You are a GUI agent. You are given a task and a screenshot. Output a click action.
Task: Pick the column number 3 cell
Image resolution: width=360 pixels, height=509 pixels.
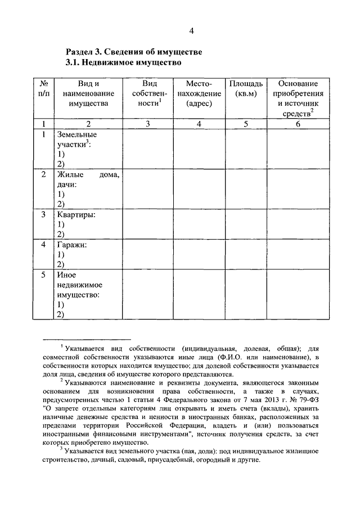[148, 124]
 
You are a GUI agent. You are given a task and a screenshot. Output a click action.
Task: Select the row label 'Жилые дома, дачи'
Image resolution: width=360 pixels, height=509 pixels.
[87, 179]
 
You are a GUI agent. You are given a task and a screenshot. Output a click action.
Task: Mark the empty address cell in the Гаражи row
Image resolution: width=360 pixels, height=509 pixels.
[198, 255]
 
